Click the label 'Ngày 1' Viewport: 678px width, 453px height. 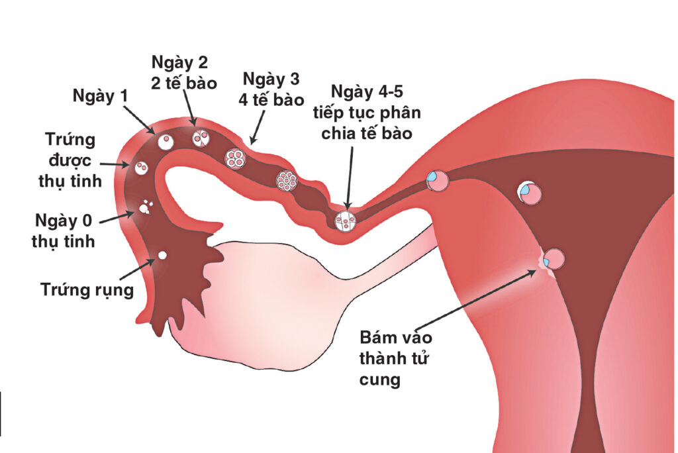click(x=101, y=96)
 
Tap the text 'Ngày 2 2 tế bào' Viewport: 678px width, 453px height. click(x=184, y=72)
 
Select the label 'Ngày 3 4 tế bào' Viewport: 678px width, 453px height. click(x=271, y=89)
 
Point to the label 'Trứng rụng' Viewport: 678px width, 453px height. click(x=87, y=289)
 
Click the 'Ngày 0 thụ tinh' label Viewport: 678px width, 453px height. click(x=64, y=230)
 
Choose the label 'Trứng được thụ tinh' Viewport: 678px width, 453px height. click(x=70, y=160)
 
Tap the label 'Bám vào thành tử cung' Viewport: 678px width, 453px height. click(x=396, y=358)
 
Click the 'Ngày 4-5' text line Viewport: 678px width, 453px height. click(x=367, y=91)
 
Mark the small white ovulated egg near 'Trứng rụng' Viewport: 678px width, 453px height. click(x=163, y=255)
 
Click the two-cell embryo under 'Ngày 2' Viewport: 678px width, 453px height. click(x=201, y=138)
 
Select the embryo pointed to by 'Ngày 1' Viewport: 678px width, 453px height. click(x=166, y=142)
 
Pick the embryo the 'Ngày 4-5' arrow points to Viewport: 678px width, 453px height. click(x=346, y=221)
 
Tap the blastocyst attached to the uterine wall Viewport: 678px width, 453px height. click(x=553, y=260)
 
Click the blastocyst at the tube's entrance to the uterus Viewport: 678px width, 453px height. click(x=438, y=180)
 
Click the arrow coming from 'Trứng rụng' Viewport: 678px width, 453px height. click(x=138, y=269)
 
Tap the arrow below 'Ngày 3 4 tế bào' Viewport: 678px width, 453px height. click(x=258, y=126)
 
